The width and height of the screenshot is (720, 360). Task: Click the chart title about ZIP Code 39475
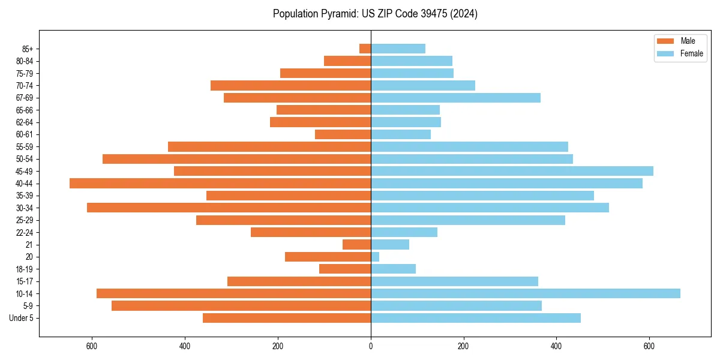[x=375, y=14]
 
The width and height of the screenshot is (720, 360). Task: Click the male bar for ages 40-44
[x=220, y=184]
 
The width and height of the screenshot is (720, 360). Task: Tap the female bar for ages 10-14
[x=525, y=293]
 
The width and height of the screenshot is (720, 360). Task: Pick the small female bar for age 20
[x=375, y=257]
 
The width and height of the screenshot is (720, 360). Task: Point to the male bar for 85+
[x=365, y=49]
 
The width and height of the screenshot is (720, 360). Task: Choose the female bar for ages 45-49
[x=512, y=171]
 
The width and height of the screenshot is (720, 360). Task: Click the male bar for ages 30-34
[x=229, y=208]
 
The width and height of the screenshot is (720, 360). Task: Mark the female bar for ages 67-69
[x=455, y=98]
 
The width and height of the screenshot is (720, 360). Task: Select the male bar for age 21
[x=356, y=245]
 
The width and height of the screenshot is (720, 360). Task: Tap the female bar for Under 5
[x=475, y=318]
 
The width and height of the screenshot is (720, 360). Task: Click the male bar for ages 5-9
[x=241, y=306]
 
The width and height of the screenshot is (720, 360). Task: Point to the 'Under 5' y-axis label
[x=21, y=318]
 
